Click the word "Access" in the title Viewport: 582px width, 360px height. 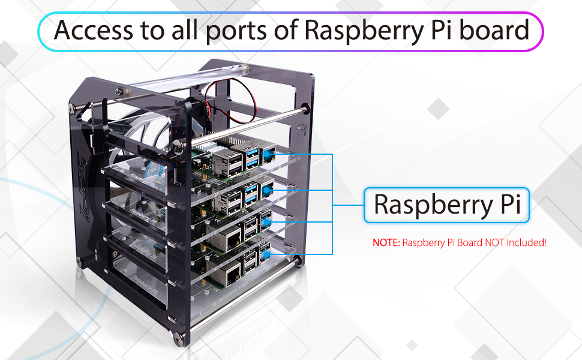click(92, 30)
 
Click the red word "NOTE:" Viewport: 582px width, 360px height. click(386, 243)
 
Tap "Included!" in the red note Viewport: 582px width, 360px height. click(526, 243)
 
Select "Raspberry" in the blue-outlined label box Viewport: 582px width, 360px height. click(429, 205)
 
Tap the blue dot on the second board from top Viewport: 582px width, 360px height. click(266, 190)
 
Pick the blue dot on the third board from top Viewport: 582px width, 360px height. click(265, 223)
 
